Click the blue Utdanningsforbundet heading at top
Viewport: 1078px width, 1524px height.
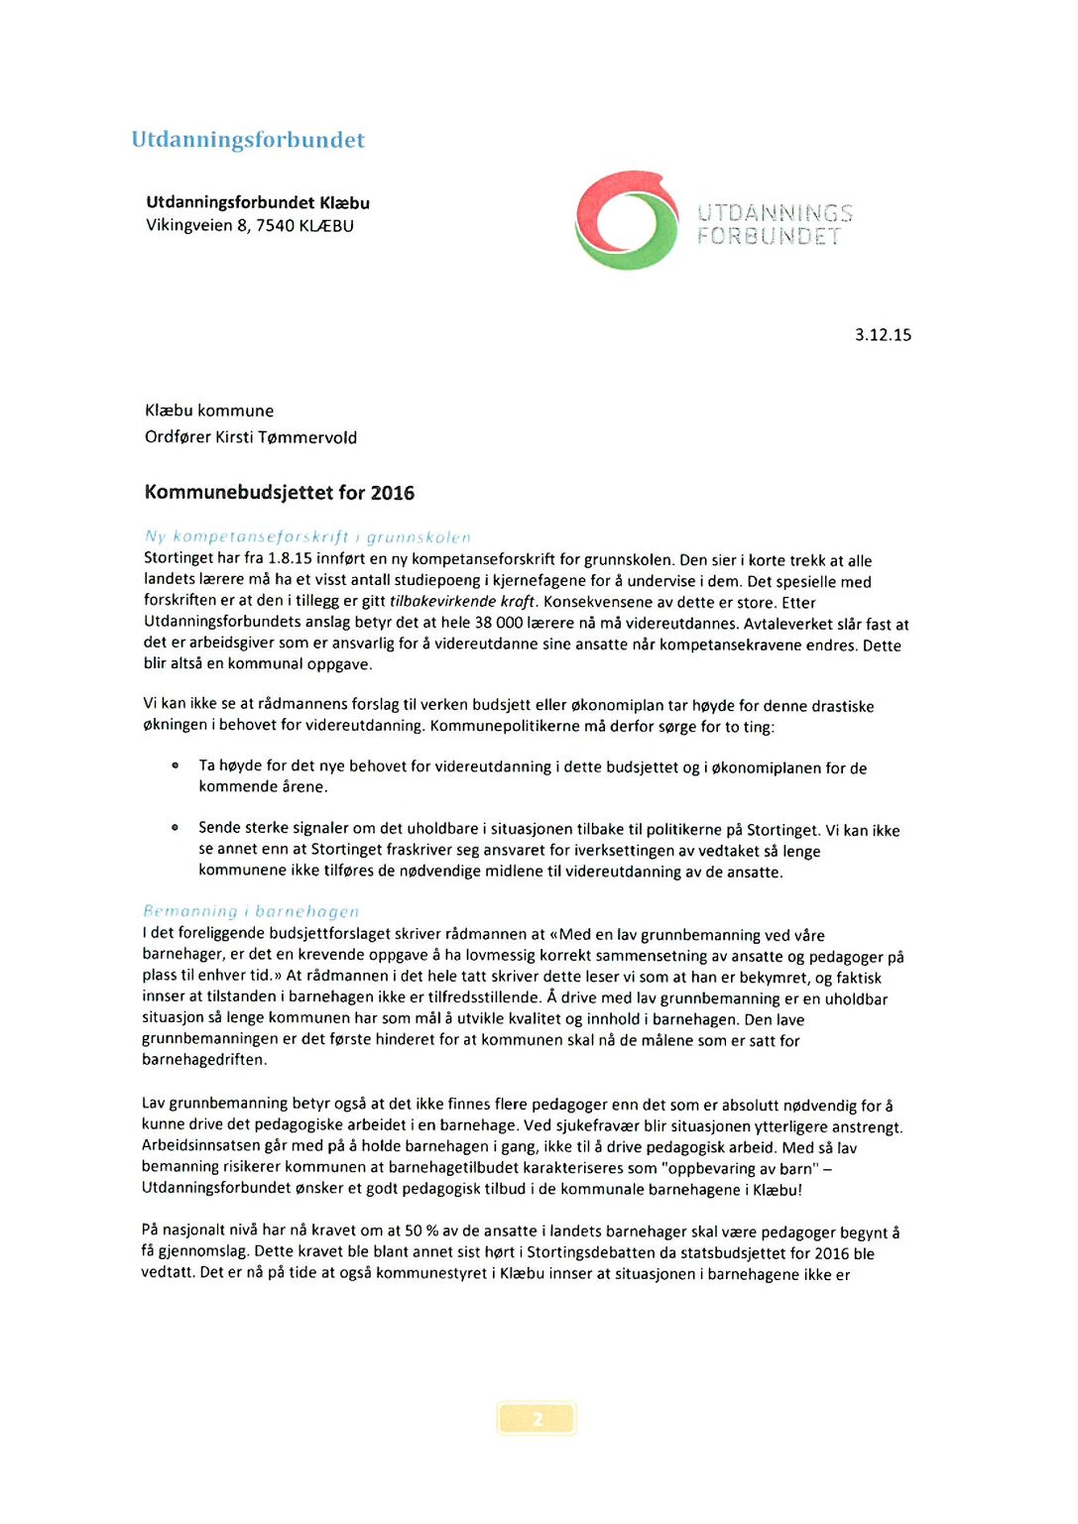point(248,140)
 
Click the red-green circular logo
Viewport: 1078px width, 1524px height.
point(627,220)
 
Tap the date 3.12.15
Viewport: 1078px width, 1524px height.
point(883,335)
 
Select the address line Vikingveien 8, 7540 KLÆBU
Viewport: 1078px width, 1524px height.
point(250,226)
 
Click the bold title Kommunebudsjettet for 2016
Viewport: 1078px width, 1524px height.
point(280,493)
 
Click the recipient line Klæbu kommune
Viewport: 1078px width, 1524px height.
point(209,410)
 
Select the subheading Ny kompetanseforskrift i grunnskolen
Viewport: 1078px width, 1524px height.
point(307,537)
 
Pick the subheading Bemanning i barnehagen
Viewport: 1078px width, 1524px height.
point(251,911)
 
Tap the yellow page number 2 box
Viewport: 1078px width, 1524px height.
point(537,1418)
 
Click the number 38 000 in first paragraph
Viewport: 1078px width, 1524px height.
point(498,624)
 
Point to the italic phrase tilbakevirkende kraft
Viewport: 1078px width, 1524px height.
point(463,602)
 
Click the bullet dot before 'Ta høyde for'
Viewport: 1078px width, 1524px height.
point(176,765)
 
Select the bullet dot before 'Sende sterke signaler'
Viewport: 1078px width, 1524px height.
point(176,827)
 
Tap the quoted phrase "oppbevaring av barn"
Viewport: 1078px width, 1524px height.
point(740,1169)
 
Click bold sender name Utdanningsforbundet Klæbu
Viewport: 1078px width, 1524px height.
point(258,202)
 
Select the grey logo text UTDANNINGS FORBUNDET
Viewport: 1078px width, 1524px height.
point(775,225)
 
